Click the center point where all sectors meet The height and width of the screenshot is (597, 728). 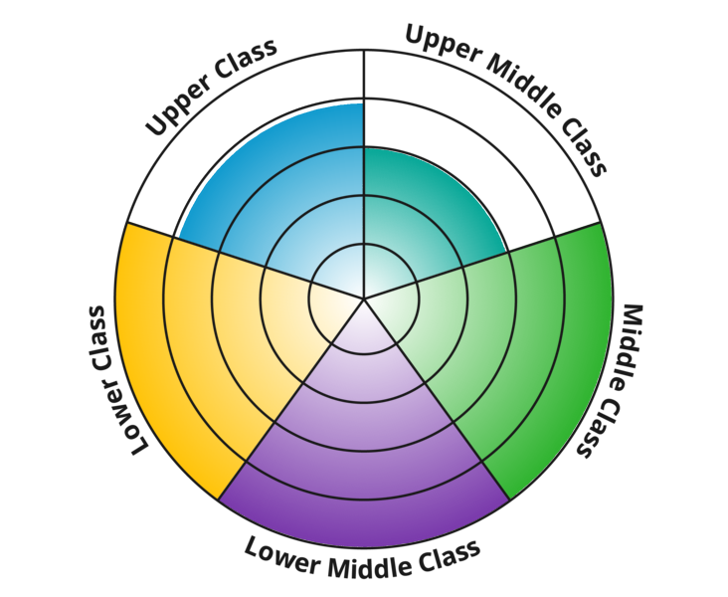pos(364,298)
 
